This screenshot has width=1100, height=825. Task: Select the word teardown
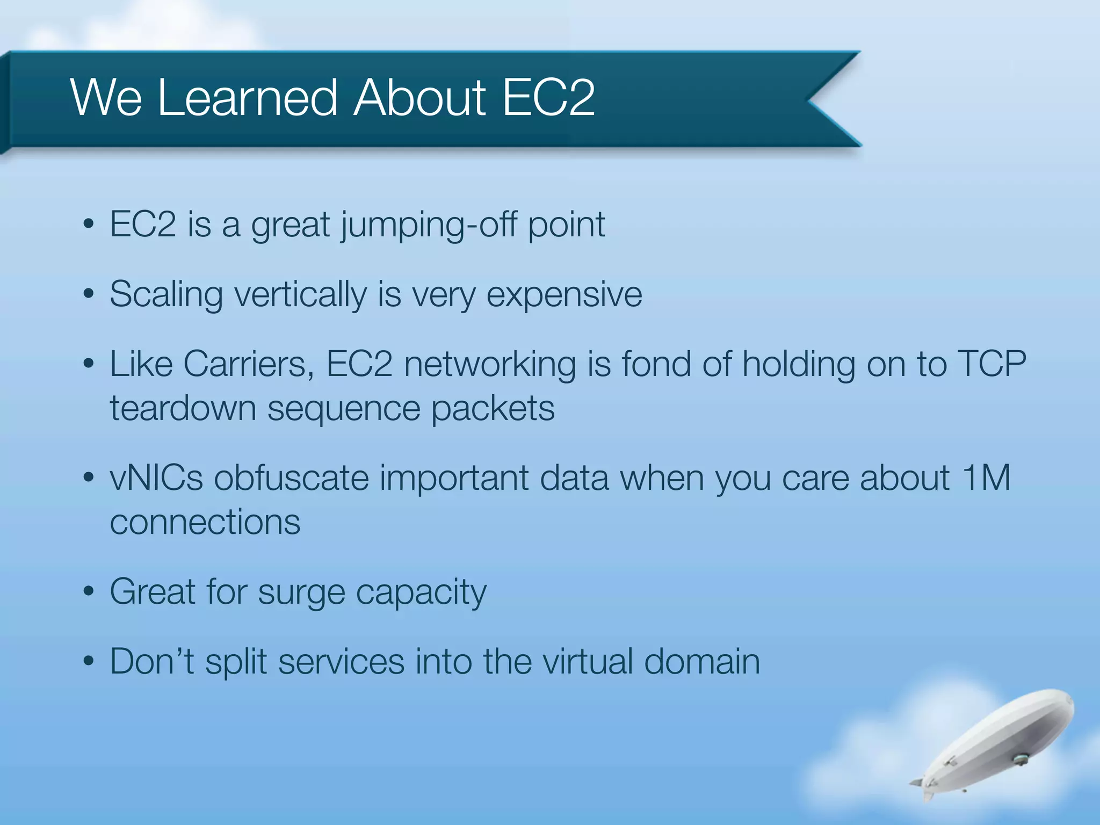point(183,408)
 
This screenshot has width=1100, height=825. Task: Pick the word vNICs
point(156,478)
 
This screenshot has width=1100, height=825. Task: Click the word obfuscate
point(291,478)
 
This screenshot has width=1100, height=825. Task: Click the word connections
point(205,522)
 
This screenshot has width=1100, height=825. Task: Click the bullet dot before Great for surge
point(89,592)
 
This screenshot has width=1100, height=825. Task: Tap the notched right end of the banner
point(822,99)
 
